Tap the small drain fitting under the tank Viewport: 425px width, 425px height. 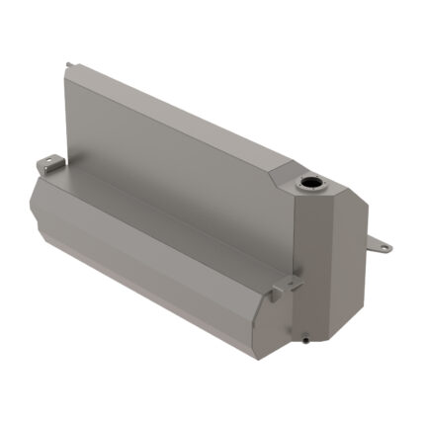tap(307, 340)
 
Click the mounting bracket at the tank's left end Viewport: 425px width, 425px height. tap(47, 161)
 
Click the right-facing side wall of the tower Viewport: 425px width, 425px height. tap(346, 267)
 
